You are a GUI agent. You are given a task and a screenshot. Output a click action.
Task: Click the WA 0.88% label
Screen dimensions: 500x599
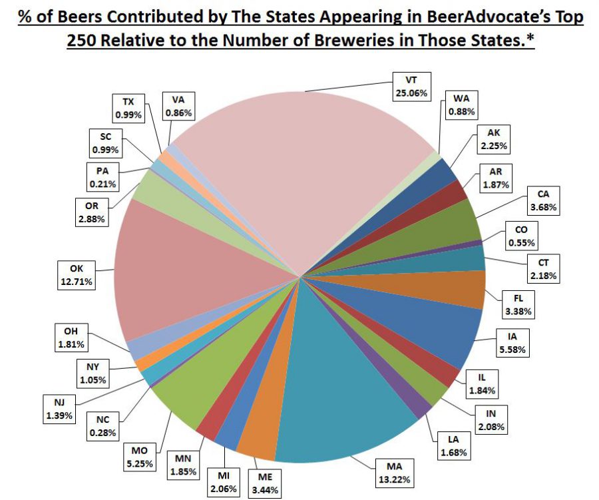pos(461,105)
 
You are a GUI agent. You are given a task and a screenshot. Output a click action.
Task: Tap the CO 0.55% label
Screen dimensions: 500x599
pos(521,237)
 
